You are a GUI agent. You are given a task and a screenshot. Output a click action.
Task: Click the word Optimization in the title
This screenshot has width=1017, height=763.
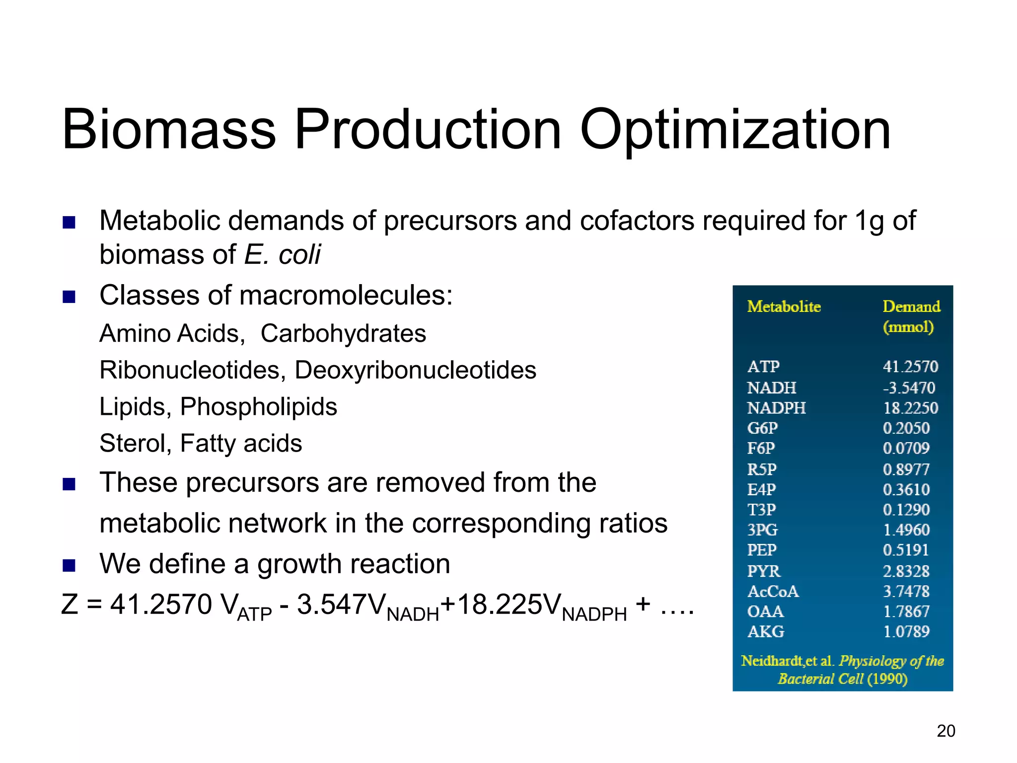(x=735, y=130)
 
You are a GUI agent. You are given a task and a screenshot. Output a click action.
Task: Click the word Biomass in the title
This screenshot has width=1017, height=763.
(x=169, y=130)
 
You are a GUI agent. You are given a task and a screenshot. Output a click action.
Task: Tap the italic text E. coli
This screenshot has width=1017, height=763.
(x=283, y=255)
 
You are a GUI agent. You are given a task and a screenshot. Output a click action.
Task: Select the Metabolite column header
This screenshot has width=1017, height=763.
(x=784, y=306)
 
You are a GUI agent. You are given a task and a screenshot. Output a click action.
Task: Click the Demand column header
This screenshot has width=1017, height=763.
(x=911, y=306)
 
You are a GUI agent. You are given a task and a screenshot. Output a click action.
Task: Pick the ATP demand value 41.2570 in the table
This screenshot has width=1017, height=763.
(x=910, y=367)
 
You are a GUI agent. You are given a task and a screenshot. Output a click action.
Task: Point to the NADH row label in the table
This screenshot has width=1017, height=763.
(x=772, y=387)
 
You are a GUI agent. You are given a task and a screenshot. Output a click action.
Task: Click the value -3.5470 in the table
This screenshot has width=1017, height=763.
(x=909, y=387)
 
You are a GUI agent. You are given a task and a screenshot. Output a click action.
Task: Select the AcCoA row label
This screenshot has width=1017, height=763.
(x=773, y=592)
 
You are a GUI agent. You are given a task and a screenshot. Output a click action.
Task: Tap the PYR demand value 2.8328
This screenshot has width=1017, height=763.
(x=906, y=571)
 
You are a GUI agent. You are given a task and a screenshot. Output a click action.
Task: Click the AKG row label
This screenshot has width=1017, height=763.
(x=766, y=632)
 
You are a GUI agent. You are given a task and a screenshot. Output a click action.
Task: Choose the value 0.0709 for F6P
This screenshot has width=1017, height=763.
(x=906, y=449)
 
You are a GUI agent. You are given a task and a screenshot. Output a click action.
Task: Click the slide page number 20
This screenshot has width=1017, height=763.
(x=945, y=731)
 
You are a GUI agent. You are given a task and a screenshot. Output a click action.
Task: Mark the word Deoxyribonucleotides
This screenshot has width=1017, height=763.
(x=415, y=370)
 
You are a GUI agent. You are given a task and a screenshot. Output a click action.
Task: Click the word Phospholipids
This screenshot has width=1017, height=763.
(x=258, y=407)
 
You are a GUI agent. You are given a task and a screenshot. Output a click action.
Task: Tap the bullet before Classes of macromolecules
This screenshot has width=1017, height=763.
(x=69, y=297)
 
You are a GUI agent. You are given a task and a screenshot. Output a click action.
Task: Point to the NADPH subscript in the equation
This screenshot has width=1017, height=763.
(x=594, y=615)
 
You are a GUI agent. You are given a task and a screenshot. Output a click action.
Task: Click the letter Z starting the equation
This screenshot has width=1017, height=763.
(x=70, y=605)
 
